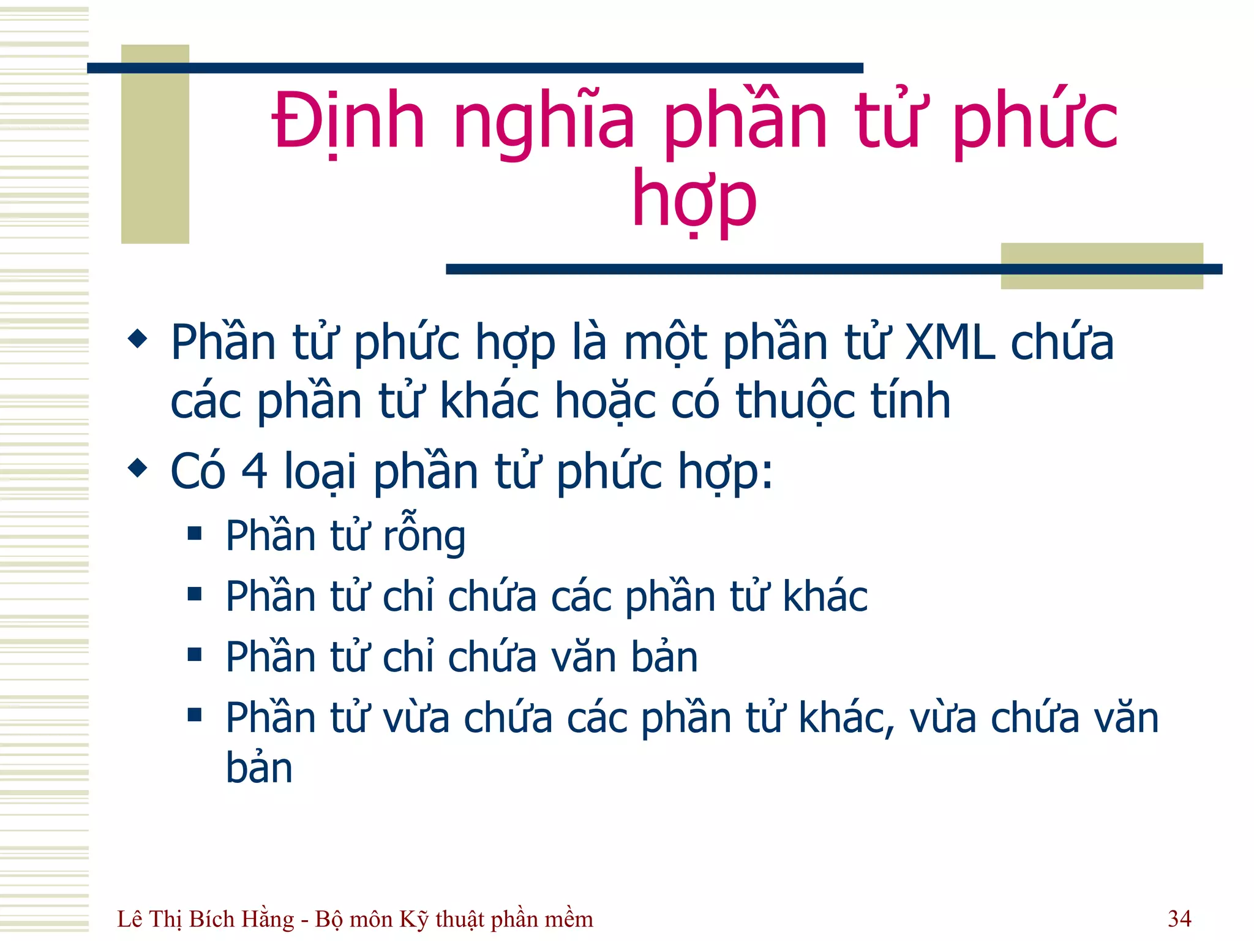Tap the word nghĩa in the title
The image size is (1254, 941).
point(544,121)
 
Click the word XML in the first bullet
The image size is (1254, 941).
point(950,342)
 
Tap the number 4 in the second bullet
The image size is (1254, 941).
point(255,471)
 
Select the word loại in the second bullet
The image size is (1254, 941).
point(320,471)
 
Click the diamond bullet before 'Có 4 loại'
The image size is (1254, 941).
point(138,469)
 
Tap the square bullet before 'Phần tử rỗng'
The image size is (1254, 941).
point(195,533)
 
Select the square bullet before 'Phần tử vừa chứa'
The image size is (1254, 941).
point(195,714)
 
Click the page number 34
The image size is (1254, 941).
point(1179,918)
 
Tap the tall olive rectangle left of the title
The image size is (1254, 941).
point(155,144)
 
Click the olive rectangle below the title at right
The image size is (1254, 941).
point(1101,266)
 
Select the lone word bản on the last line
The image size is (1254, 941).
point(259,768)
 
